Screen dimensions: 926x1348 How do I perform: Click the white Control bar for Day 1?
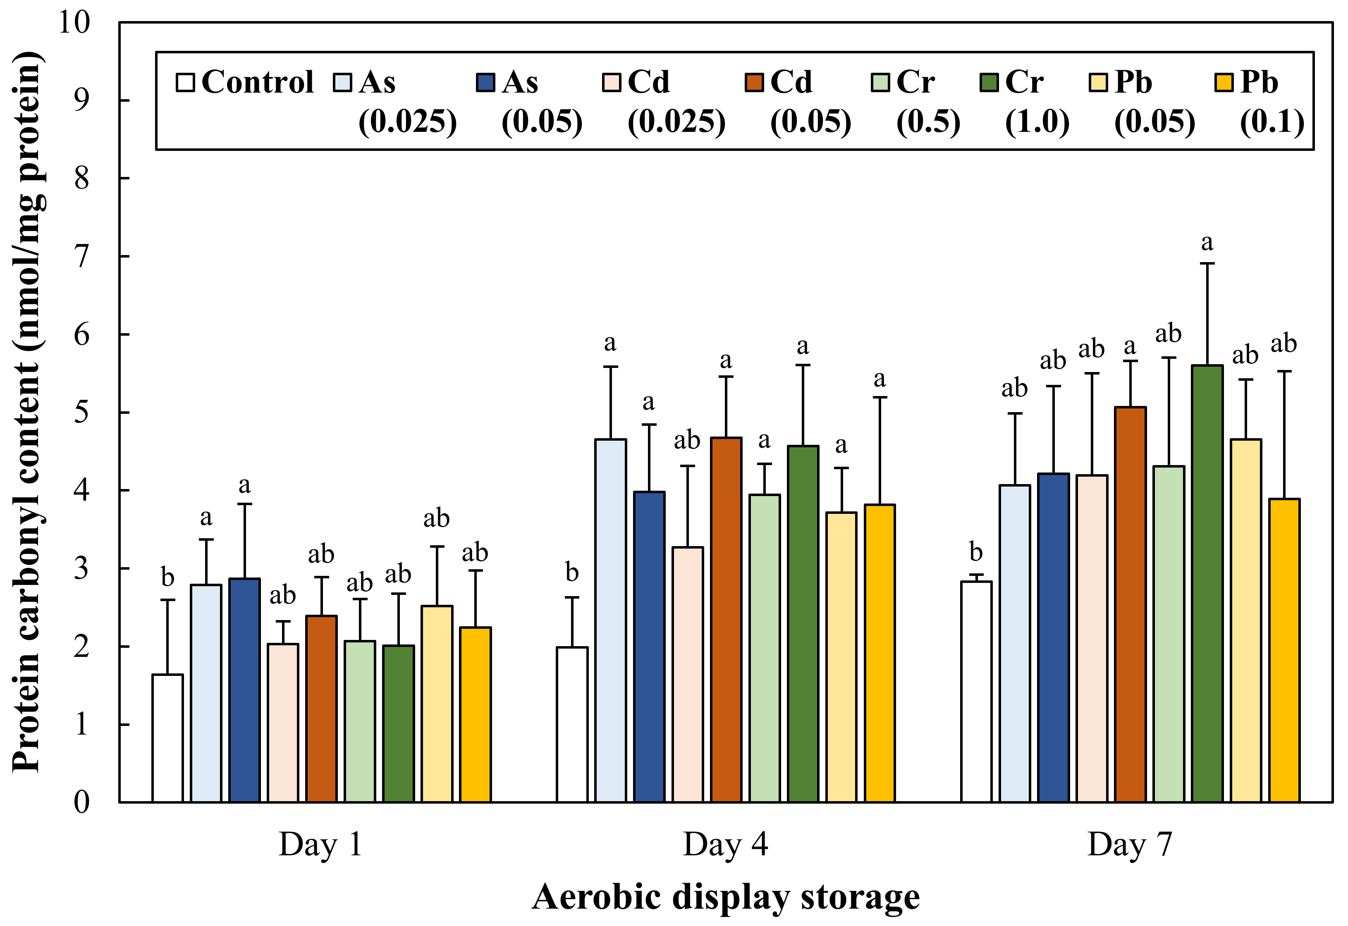tap(168, 738)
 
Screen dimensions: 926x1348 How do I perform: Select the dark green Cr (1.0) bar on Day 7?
tap(1207, 583)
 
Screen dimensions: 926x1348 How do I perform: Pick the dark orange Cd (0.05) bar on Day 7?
tap(1130, 604)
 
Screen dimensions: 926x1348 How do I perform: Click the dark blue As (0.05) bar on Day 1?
tap(244, 690)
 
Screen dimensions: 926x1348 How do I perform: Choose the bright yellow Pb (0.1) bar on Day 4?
tap(880, 653)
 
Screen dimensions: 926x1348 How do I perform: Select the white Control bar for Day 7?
tap(976, 692)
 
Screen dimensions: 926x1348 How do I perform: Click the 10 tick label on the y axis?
tap(74, 23)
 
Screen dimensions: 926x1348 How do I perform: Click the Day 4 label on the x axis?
tap(725, 845)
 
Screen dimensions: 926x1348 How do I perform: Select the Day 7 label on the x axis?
tap(1129, 845)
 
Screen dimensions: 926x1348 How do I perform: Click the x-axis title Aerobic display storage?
tap(725, 896)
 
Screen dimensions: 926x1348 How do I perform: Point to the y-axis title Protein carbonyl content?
tap(28, 412)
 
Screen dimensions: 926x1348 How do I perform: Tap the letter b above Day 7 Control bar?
tap(976, 552)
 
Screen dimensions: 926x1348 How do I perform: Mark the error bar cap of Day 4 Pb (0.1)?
tap(880, 397)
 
